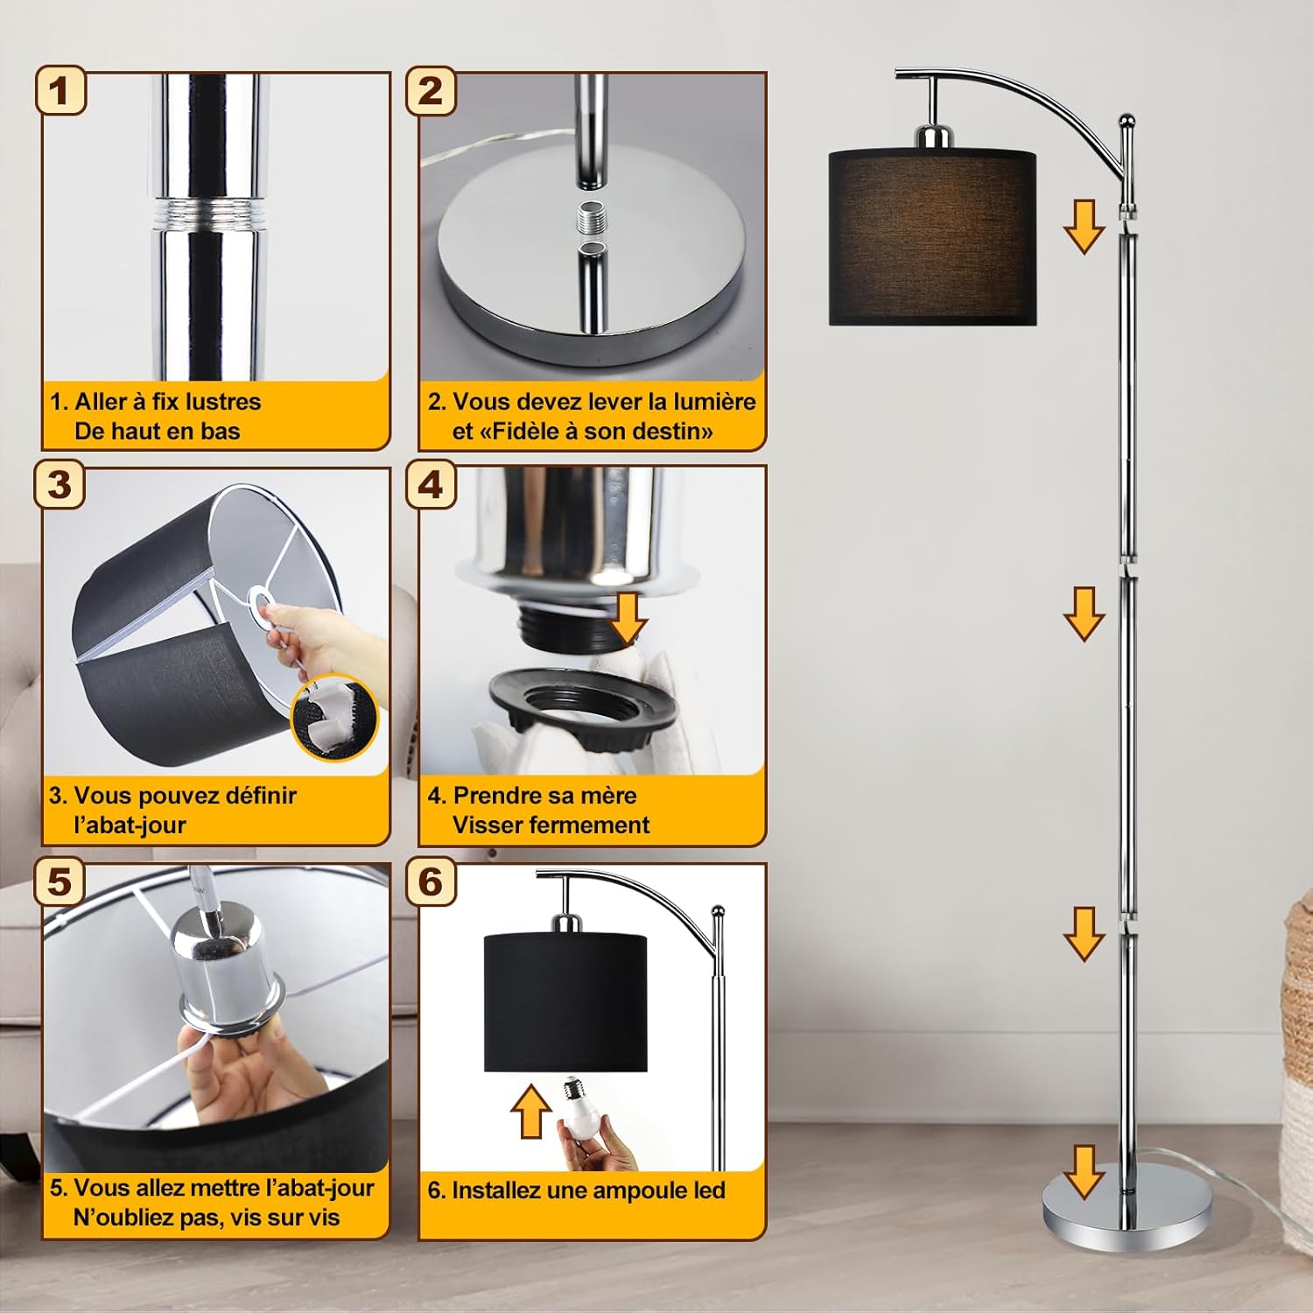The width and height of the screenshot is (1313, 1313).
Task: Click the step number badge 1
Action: (60, 90)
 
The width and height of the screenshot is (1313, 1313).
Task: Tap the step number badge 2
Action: (431, 90)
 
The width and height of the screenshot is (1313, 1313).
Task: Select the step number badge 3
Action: (60, 484)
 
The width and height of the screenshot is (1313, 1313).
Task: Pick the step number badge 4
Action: (431, 484)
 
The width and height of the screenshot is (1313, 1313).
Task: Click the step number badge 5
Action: (60, 881)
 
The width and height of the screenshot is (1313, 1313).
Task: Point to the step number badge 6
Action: (431, 881)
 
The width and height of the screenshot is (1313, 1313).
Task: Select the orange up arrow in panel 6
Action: (530, 1111)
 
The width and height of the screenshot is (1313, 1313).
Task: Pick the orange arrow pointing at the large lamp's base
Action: (1084, 1171)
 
